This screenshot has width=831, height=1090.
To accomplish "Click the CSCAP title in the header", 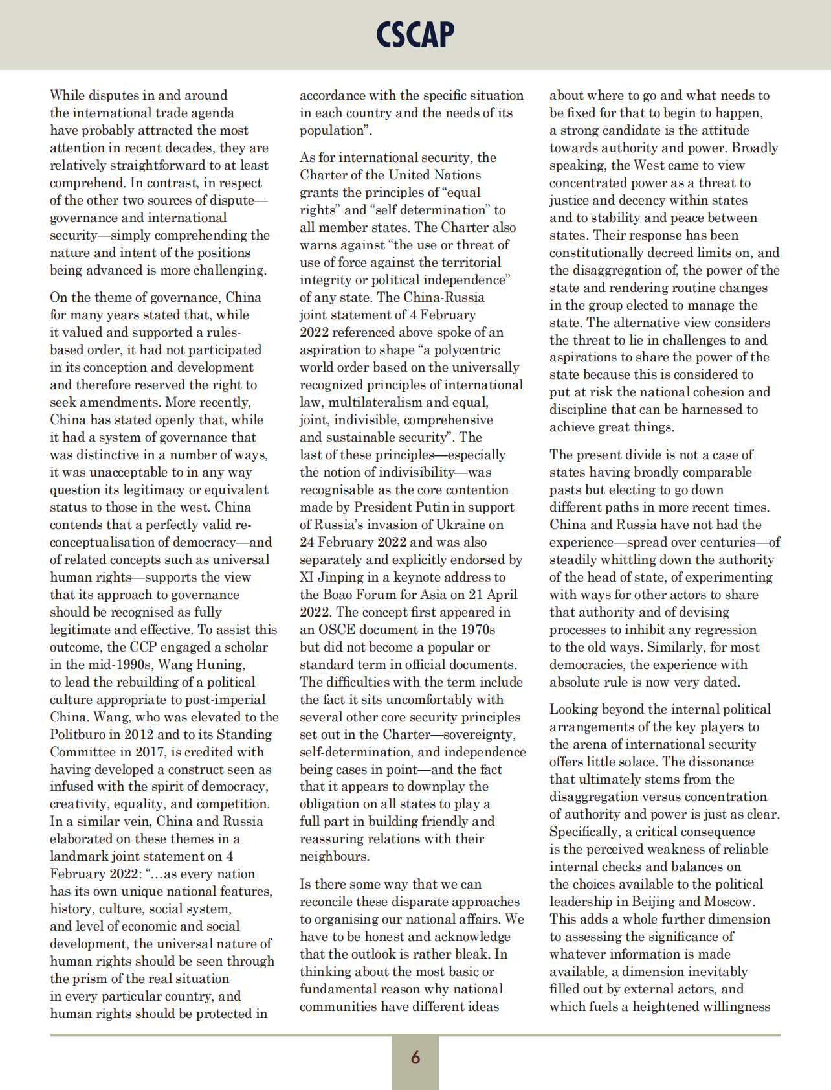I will click(x=415, y=35).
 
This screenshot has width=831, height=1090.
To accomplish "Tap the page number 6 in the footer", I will click(x=415, y=1057).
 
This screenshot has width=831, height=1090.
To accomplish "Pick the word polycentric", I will click(x=468, y=350).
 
